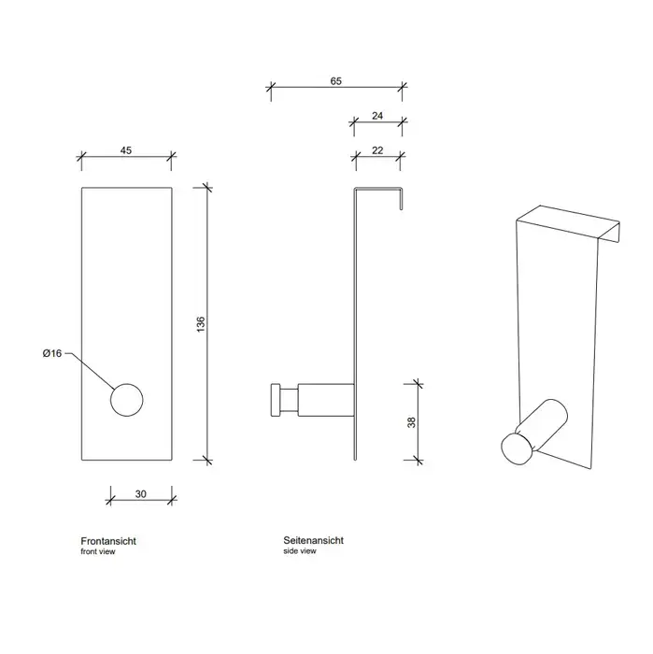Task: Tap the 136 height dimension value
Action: click(x=200, y=323)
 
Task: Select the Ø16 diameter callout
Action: click(x=52, y=353)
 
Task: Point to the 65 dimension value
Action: click(x=336, y=81)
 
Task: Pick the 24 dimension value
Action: click(x=377, y=117)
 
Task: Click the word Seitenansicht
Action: click(x=313, y=541)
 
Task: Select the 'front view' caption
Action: click(x=100, y=552)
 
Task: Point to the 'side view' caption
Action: click(x=300, y=552)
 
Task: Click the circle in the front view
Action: click(x=128, y=400)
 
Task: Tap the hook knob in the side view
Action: click(x=276, y=400)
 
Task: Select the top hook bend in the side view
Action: click(x=378, y=191)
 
